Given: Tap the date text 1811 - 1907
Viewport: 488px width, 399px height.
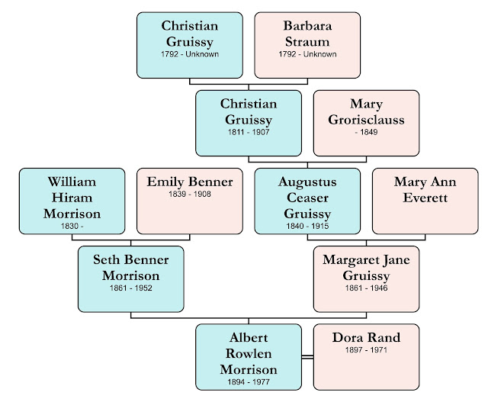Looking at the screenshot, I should pos(247,133).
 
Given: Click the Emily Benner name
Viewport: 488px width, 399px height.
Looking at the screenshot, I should pos(191,182).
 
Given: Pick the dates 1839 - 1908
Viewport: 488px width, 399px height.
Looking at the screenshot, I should pos(191,194).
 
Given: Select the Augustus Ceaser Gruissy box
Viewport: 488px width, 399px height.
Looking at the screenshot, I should pos(307,201).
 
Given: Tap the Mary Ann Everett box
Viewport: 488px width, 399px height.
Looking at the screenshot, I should pos(425,201).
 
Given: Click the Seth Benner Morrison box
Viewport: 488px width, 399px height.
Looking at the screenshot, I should pos(131,278).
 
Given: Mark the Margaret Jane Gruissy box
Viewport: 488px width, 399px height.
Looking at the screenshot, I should pos(366,278).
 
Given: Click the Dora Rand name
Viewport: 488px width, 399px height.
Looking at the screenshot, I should pos(366,337).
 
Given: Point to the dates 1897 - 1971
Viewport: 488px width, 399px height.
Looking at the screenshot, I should pos(366,349).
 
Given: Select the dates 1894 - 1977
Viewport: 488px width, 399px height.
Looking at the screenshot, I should pos(247,381).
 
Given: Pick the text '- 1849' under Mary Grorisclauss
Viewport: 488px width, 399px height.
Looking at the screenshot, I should pos(366,133).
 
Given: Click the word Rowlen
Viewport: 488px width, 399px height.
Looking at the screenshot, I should pos(247,352).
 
